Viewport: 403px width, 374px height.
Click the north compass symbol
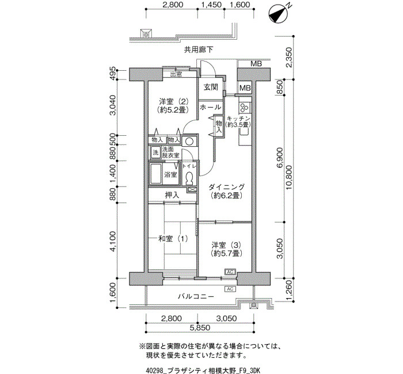coord(278,15)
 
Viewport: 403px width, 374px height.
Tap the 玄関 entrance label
coord(211,87)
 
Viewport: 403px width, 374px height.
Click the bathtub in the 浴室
coord(155,174)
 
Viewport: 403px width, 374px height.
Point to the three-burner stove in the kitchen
coord(244,107)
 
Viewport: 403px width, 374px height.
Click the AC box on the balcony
coord(230,289)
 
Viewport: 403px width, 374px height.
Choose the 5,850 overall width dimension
coord(200,328)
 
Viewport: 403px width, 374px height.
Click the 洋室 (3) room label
coord(226,249)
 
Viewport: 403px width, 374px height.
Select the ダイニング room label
coord(226,191)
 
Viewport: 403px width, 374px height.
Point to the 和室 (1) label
coord(173,239)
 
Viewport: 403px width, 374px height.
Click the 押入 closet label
coord(172,195)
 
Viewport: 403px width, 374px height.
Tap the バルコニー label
coord(196,297)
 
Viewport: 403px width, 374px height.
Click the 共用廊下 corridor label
coord(199,49)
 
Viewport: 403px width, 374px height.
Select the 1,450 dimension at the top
coord(211,5)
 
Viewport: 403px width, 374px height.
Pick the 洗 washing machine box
coord(155,152)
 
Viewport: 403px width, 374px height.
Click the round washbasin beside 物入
coord(189,142)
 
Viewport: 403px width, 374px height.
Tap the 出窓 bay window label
coord(176,74)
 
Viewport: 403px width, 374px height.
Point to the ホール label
coord(210,107)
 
